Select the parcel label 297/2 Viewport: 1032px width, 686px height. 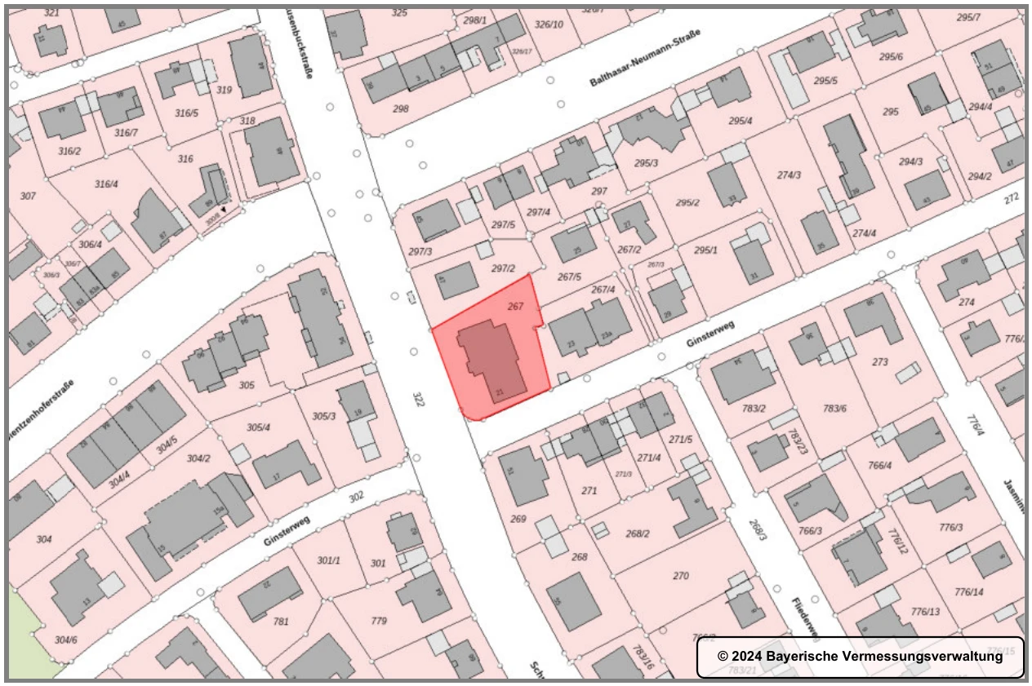(x=504, y=268)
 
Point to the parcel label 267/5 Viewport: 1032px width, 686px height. (x=568, y=276)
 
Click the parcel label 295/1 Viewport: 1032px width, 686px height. (x=705, y=250)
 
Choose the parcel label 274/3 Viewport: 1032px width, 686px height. (x=788, y=175)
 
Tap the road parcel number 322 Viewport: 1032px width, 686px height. (x=420, y=400)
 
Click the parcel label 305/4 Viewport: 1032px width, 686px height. (x=258, y=427)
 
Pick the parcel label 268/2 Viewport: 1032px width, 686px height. (x=638, y=533)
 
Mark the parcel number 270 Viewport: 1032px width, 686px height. (x=681, y=576)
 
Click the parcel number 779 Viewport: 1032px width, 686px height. (x=379, y=622)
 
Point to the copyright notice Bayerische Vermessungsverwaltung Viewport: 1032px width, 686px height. (x=860, y=657)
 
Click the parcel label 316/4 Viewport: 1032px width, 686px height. (x=106, y=184)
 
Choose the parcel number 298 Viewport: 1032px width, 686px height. (x=400, y=108)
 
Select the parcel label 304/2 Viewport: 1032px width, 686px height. (x=198, y=458)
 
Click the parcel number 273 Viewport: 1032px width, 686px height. (x=880, y=361)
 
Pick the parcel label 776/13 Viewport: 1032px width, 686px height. (x=926, y=612)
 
